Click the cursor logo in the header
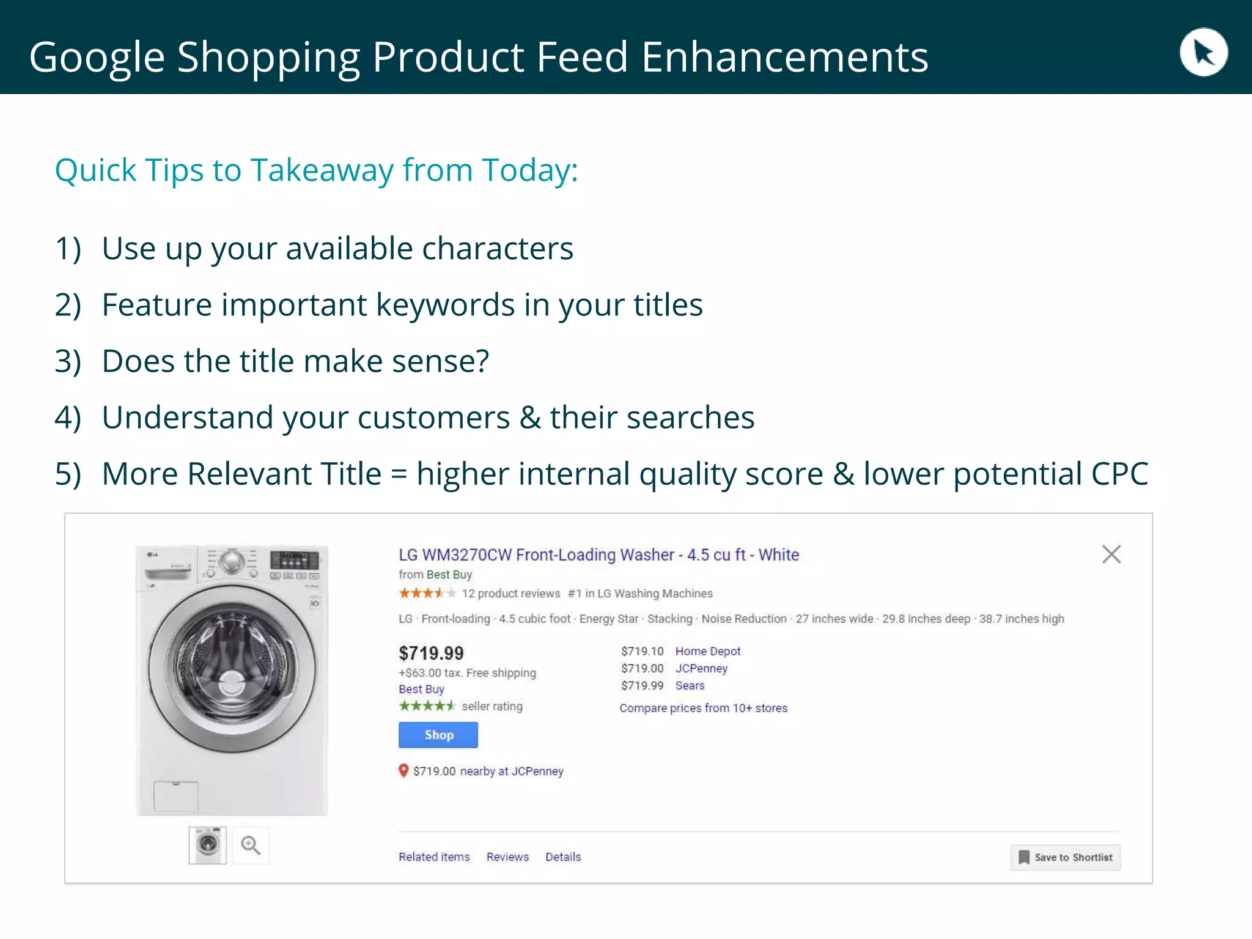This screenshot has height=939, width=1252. pos(1203,53)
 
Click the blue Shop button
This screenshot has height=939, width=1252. pos(438,735)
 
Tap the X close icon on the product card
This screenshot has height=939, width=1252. pos(1111,554)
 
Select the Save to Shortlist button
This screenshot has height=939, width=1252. pos(1066,857)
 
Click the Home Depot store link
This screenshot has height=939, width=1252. pos(707,651)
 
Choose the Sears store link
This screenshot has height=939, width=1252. pos(690,685)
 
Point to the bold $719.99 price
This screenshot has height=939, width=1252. pos(431,653)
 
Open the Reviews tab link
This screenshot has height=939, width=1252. pos(507,856)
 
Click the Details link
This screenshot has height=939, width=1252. pos(563,856)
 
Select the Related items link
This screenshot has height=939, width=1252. pos(434,856)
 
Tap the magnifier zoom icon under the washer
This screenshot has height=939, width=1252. pos(250,845)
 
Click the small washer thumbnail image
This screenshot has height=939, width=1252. pos(208,845)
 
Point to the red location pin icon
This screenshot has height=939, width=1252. pos(403,770)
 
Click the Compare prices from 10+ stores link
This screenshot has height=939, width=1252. pos(703,708)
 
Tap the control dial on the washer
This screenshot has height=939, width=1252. pos(232,561)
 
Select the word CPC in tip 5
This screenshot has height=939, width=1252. pos(1119,474)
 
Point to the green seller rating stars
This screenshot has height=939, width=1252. pos(427,706)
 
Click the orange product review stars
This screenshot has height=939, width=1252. pos(427,593)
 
